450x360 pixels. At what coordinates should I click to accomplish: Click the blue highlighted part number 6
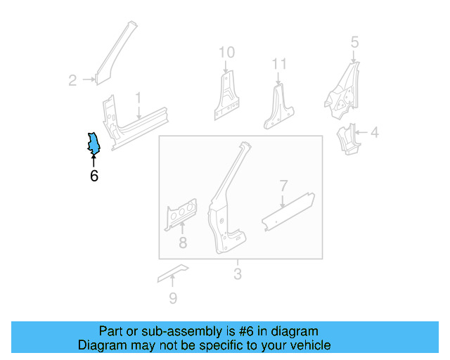(93, 143)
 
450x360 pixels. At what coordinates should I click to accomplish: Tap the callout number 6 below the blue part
(94, 176)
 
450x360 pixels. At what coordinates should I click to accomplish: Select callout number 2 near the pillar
(72, 81)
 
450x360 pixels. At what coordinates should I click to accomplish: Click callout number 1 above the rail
(139, 97)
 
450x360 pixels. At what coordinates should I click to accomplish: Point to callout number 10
(226, 52)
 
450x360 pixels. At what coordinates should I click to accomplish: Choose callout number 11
(279, 65)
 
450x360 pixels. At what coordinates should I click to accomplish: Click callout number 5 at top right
(354, 41)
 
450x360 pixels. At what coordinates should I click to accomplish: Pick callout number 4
(374, 131)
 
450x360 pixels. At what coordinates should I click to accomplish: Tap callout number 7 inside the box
(283, 186)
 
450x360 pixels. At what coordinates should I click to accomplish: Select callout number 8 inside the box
(183, 244)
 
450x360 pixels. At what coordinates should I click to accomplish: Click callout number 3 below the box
(238, 274)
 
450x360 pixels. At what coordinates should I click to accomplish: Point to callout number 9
(173, 298)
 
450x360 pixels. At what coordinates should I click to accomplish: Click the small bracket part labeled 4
(347, 139)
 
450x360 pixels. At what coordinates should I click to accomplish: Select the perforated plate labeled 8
(181, 214)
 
